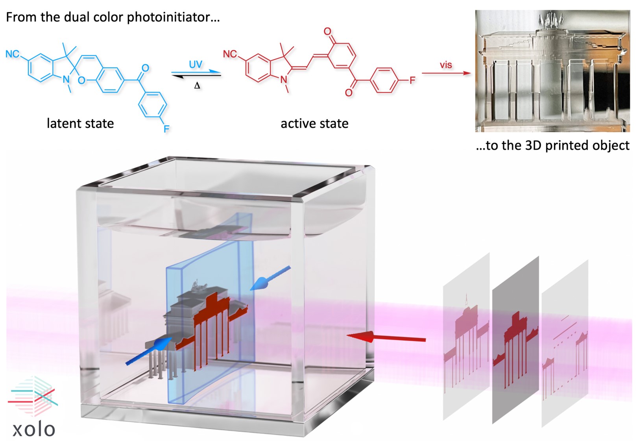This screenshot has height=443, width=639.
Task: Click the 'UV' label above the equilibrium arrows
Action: point(196,64)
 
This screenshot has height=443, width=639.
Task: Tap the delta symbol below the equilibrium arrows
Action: point(197,85)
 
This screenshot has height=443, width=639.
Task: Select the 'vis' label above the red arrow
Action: point(446,65)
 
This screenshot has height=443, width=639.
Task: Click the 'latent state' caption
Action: point(80,123)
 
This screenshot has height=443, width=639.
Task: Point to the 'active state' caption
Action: point(314,124)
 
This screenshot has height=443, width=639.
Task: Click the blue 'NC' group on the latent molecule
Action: point(13,54)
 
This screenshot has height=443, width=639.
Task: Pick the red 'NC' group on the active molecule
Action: point(230,54)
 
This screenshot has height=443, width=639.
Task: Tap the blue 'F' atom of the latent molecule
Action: point(166,128)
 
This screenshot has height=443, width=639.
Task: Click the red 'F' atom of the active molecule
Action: point(412,80)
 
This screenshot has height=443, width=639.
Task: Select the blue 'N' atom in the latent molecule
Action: point(66,80)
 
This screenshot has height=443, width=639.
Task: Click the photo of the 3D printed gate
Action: point(552,71)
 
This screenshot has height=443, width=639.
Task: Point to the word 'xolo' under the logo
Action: point(34,429)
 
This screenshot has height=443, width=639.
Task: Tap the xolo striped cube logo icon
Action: point(33,396)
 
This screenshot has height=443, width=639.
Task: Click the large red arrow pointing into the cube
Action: point(386,337)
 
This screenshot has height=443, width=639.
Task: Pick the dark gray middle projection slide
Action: point(515,339)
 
